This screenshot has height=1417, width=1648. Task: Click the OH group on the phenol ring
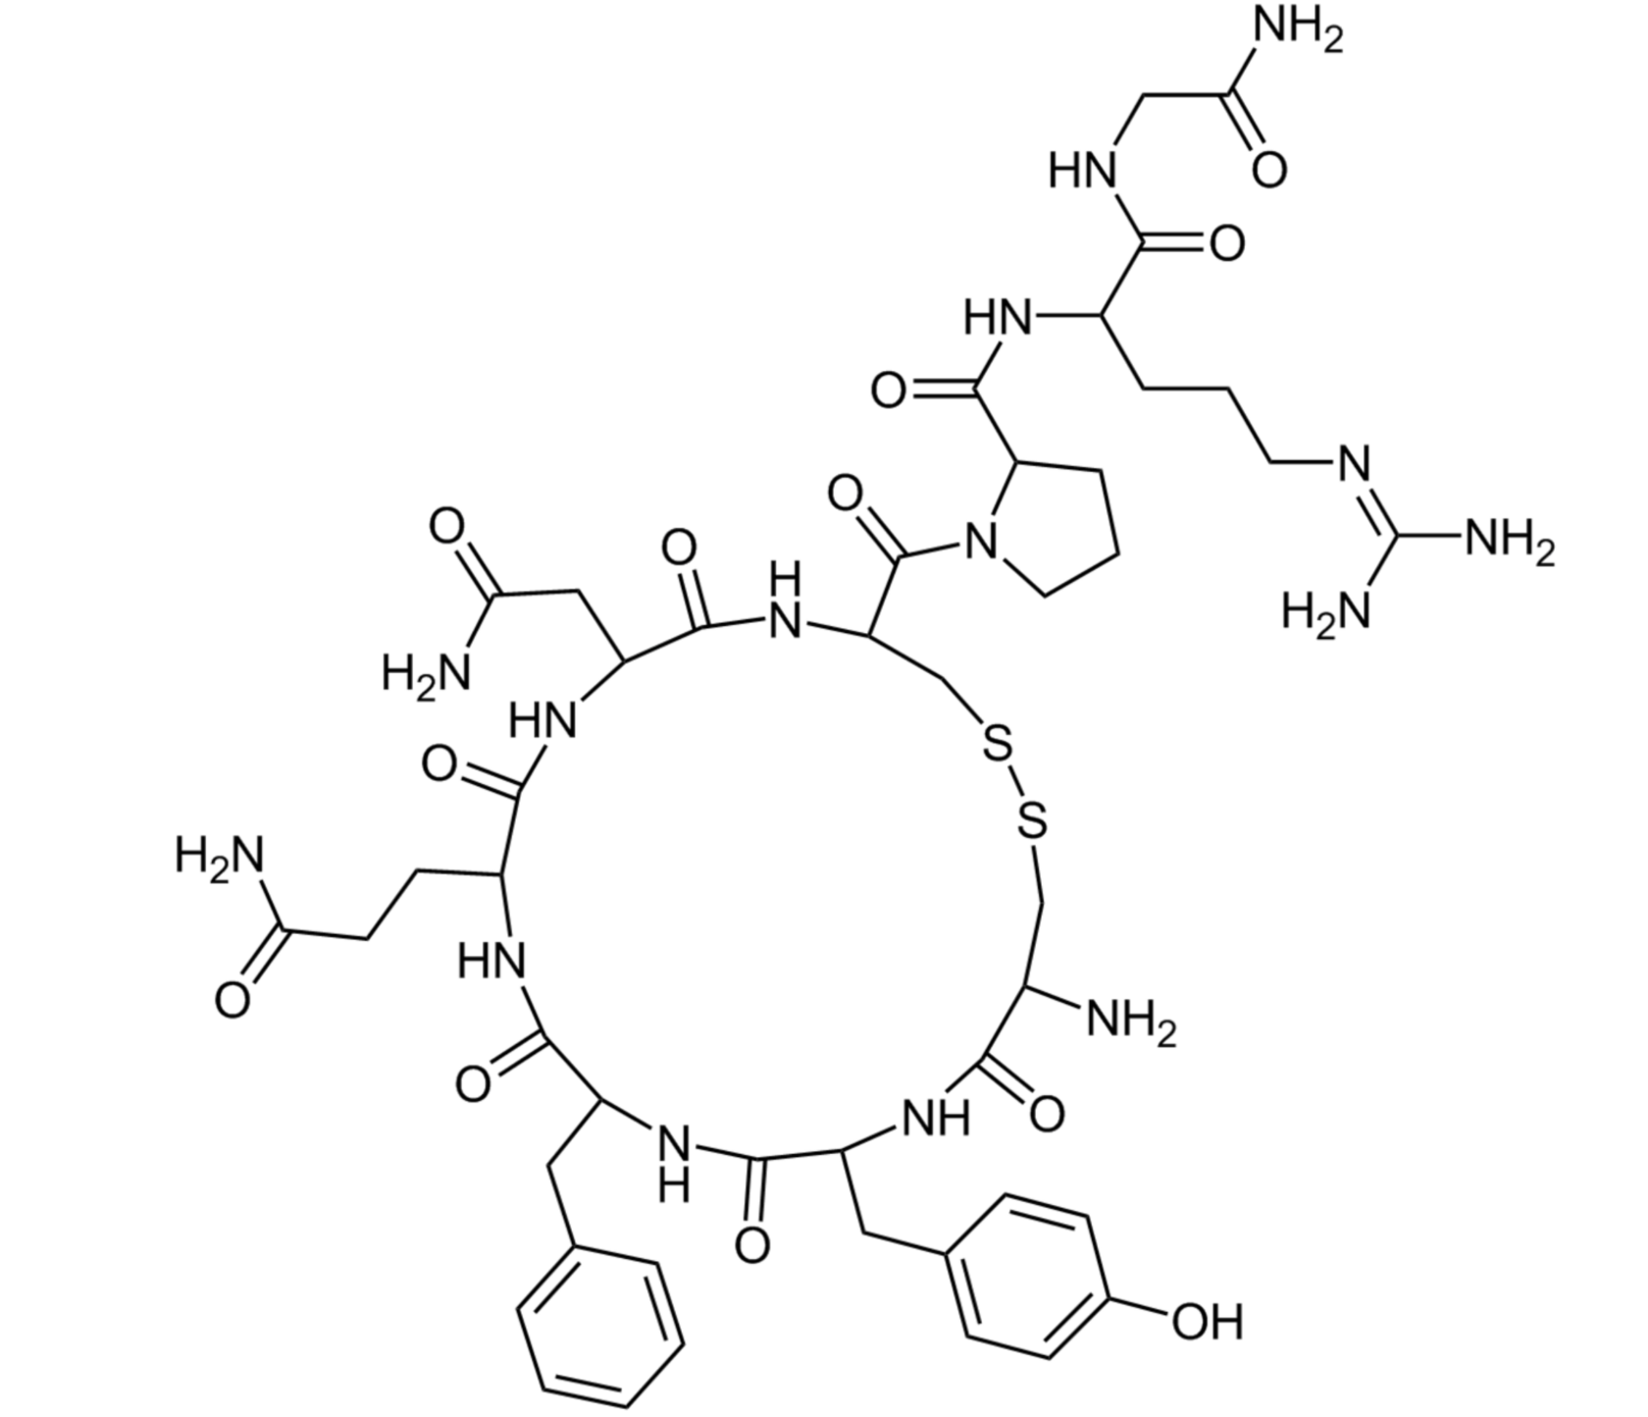pyautogui.click(x=1208, y=1322)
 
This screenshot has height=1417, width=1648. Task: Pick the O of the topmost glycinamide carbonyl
pyautogui.click(x=1268, y=169)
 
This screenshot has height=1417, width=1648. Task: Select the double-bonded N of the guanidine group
pyautogui.click(x=1354, y=462)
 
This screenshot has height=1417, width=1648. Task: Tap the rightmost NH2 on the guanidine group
pyautogui.click(x=1509, y=541)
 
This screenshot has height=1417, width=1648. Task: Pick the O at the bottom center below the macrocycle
pyautogui.click(x=752, y=1245)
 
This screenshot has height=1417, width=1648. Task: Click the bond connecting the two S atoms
pyautogui.click(x=1014, y=786)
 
